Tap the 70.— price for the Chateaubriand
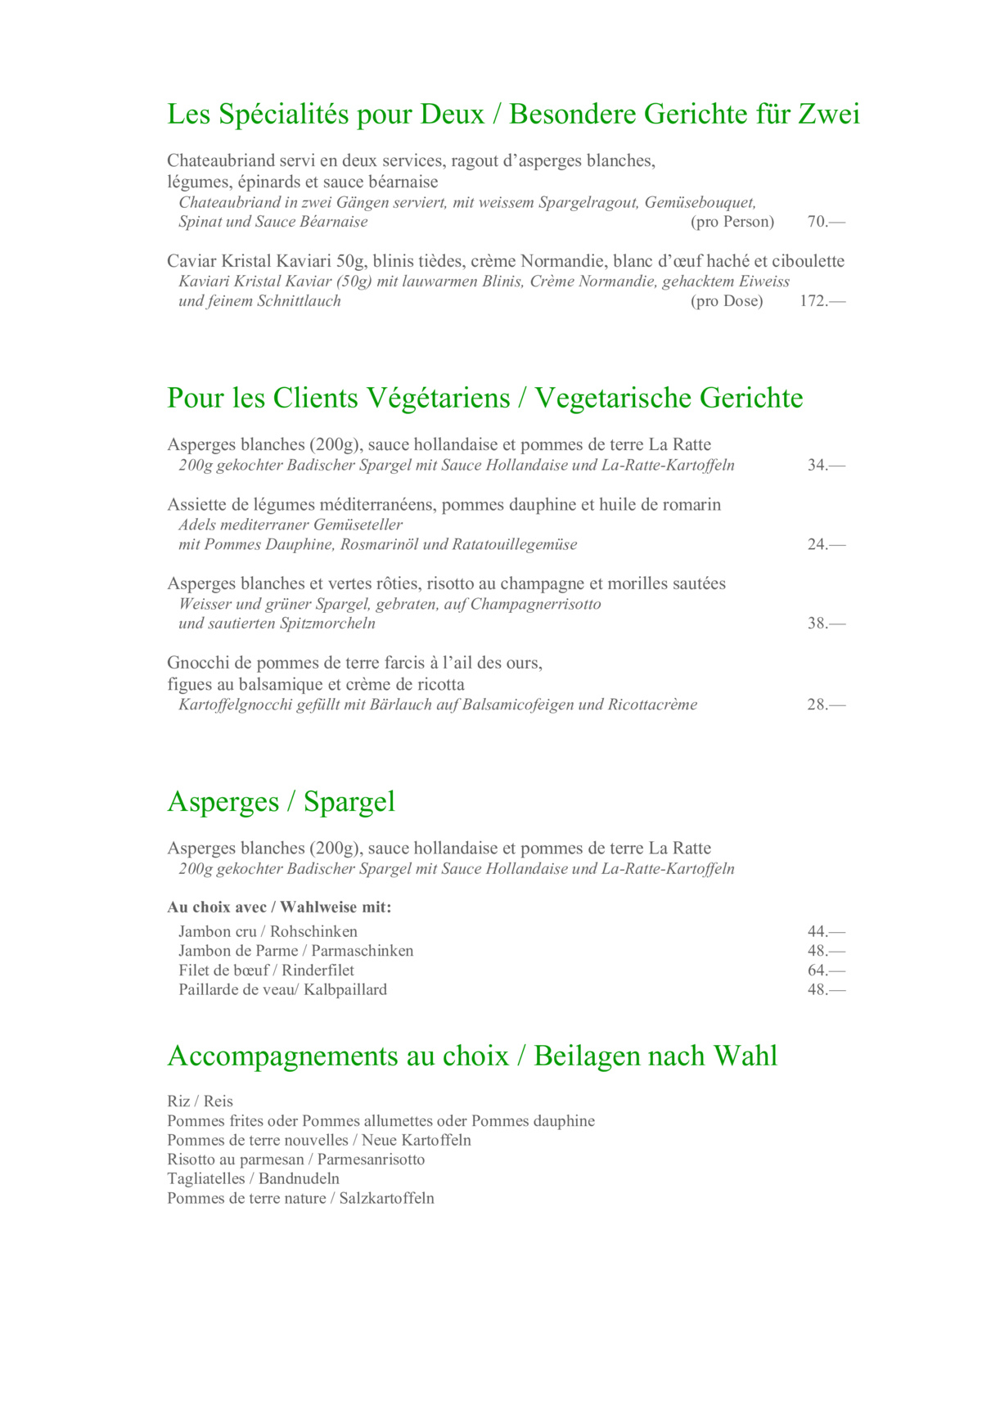pos(826,222)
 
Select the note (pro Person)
pos(732,222)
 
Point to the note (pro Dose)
pos(727,301)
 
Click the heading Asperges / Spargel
pos(281,802)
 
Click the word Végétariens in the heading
pos(438,399)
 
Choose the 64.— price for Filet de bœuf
pos(826,970)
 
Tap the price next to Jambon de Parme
pos(826,951)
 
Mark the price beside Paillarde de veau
pos(826,990)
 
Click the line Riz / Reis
pos(200,1101)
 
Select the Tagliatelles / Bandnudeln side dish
pos(253,1179)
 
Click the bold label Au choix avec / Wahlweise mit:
pos(279,907)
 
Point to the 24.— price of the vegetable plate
pos(826,545)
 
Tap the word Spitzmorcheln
pos(327,624)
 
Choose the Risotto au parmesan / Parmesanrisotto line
pos(295,1160)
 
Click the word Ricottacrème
pos(652,705)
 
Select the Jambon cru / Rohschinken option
pos(268,932)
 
